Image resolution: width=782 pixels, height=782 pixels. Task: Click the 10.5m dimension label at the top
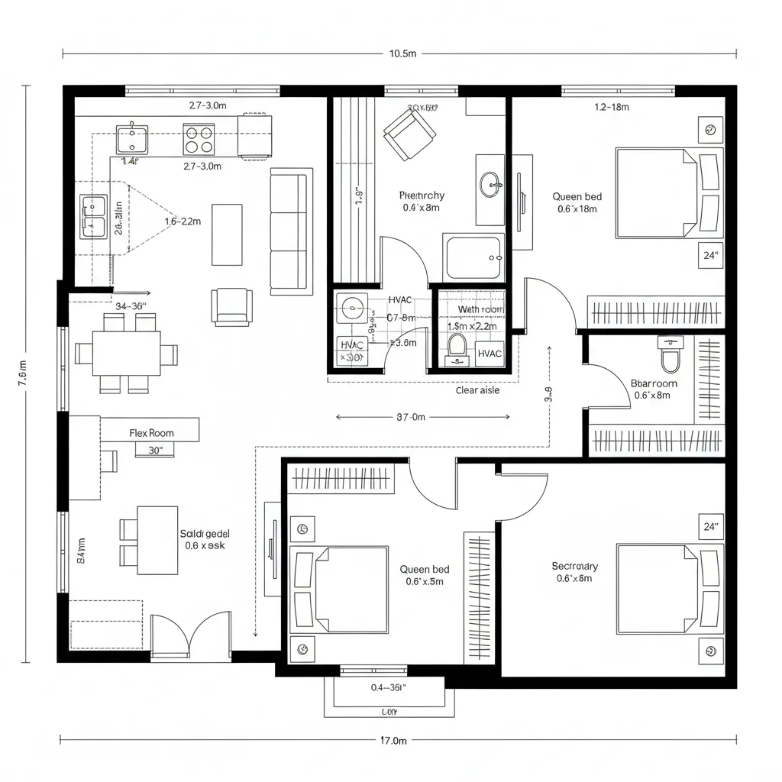coord(402,54)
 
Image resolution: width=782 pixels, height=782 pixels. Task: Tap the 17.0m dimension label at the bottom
coord(393,740)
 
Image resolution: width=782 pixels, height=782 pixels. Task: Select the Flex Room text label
coord(151,433)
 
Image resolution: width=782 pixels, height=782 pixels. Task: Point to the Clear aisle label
coord(477,390)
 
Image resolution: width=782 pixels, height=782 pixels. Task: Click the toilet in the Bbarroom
coord(670,354)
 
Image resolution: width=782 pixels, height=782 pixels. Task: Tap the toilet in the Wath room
coord(457,345)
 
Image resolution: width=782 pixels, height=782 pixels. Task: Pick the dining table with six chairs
coord(127,354)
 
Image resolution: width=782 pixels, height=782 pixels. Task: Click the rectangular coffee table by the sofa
coord(227,234)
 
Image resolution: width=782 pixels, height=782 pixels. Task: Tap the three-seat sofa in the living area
coord(291,231)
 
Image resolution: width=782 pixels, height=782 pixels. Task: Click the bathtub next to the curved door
coord(473,258)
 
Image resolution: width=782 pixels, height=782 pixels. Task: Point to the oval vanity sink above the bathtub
coord(490,183)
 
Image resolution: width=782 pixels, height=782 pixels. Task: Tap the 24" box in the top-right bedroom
coord(710,256)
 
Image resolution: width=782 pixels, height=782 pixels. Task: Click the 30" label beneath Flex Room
coord(155,451)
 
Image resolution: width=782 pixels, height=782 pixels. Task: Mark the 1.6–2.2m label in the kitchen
coord(183,221)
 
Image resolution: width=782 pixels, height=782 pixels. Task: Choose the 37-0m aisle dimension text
coord(411,417)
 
